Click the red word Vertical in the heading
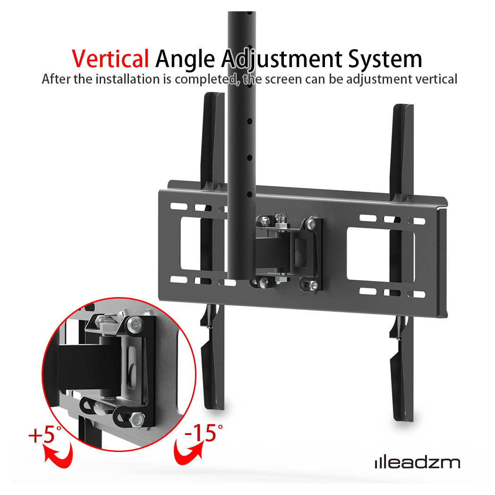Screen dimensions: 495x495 (x=110, y=59)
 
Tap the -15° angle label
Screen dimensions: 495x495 (x=203, y=433)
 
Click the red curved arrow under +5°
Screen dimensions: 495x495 (x=59, y=454)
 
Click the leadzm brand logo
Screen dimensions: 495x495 (x=418, y=463)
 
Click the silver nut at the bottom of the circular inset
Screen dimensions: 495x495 (x=137, y=419)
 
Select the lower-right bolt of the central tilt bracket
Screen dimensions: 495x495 (x=313, y=285)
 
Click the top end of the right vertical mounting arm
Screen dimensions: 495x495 (x=403, y=106)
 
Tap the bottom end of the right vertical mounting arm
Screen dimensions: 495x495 (x=404, y=419)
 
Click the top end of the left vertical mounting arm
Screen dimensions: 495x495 (x=214, y=94)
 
